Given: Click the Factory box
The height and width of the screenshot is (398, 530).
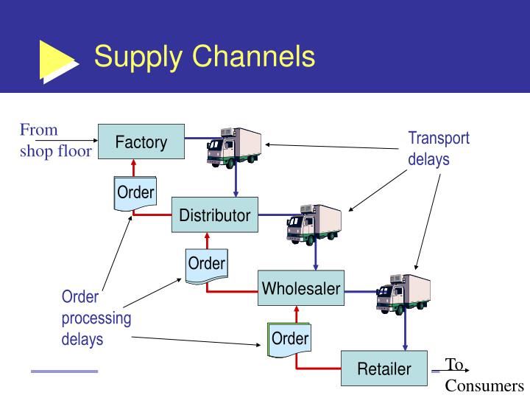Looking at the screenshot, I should [141, 142].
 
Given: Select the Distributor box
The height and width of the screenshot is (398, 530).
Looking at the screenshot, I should [215, 215].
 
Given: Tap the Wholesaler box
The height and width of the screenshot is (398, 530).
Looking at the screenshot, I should [301, 288].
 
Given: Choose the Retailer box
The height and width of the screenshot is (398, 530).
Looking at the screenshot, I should [384, 369].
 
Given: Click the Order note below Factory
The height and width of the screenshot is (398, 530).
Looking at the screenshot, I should [135, 193].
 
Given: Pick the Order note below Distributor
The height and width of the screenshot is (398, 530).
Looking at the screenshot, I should [206, 265].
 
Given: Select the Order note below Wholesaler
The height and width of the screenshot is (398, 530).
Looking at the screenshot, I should [289, 339].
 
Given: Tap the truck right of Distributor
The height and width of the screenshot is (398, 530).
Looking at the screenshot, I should [314, 223].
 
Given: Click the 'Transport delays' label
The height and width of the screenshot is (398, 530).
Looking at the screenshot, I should [439, 148].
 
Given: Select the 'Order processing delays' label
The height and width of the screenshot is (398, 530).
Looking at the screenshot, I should [96, 318].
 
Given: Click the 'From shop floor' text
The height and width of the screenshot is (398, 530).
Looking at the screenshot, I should [55, 141].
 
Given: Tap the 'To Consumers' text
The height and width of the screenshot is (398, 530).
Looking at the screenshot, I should [483, 375].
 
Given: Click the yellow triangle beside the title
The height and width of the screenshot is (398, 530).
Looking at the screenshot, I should [57, 59].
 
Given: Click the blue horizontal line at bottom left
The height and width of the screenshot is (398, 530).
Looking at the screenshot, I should [64, 371].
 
